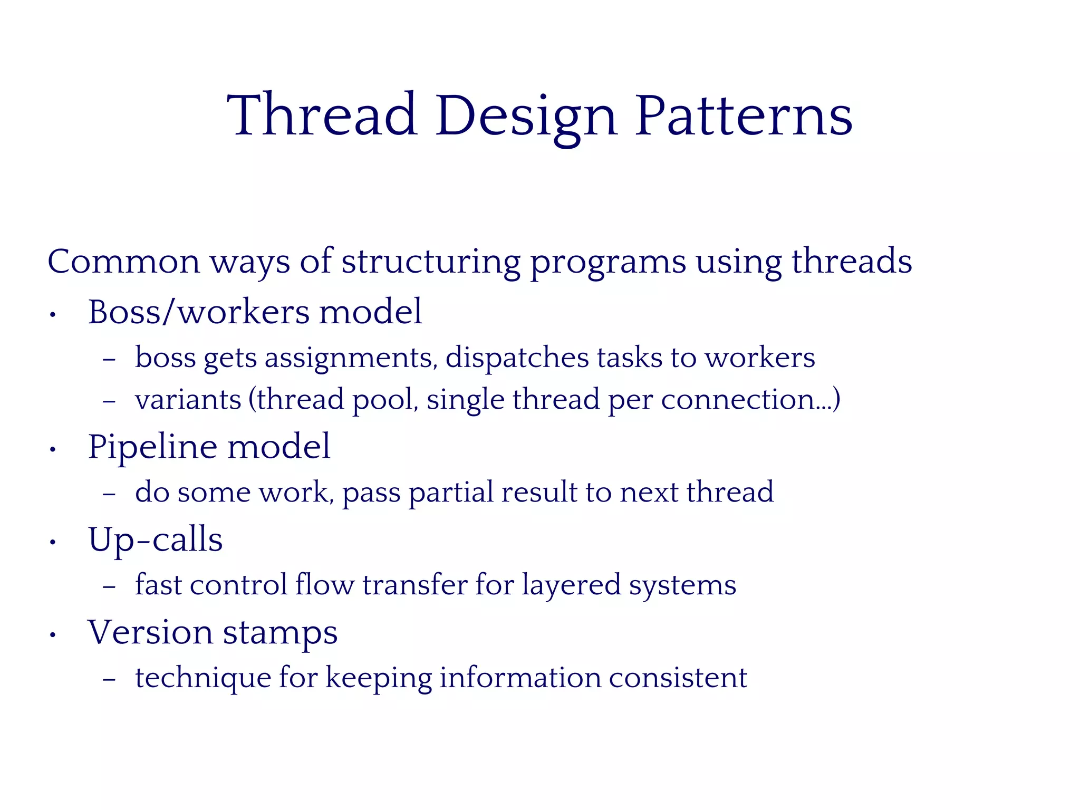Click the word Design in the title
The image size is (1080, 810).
tap(526, 116)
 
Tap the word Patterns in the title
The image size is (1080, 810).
tap(744, 116)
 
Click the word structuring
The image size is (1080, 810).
tap(430, 262)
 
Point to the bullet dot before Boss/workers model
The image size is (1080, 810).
tap(52, 316)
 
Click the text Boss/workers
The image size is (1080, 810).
tap(198, 312)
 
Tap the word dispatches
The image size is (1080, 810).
tap(517, 358)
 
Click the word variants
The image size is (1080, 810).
tap(188, 399)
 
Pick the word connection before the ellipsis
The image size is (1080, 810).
tap(738, 399)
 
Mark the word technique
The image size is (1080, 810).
tap(203, 678)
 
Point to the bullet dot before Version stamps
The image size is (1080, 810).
tap(52, 635)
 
